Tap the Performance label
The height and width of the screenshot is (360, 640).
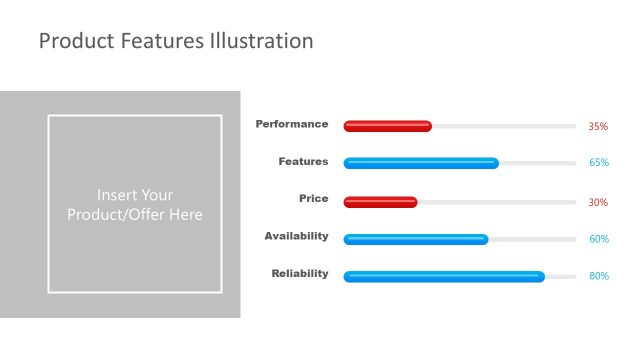pos(291,124)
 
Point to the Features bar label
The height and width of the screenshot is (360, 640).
pos(303,161)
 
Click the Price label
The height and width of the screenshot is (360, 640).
pos(313,198)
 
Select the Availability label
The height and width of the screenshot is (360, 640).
pos(296,236)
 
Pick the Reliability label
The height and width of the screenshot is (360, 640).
pos(299,273)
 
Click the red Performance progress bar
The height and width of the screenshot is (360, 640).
pos(387,126)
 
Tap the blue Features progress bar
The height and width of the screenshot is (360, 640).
pos(421,163)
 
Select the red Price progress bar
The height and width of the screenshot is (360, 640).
pos(380,202)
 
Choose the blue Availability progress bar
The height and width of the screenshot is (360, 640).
pos(416,239)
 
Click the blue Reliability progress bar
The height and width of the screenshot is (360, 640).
pos(444,276)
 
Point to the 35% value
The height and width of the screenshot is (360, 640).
pos(598,127)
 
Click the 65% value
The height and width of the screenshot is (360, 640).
pos(598,163)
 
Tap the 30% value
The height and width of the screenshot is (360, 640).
pos(598,202)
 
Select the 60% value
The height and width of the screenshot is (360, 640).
pos(598,239)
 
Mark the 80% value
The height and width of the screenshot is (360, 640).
pos(598,276)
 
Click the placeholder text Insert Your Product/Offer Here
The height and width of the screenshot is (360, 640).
pos(134,205)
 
